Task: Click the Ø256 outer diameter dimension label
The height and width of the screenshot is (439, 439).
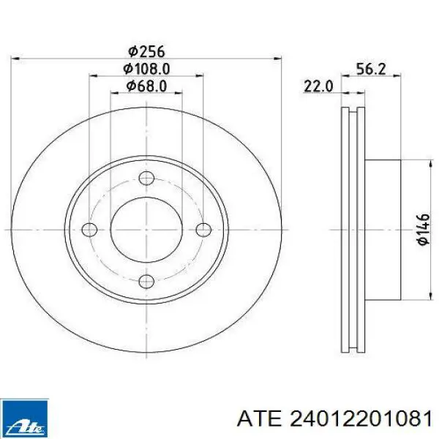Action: click(x=146, y=52)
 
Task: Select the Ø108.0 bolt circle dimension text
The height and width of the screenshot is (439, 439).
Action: click(x=146, y=70)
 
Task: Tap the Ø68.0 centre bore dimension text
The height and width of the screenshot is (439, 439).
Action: click(x=146, y=86)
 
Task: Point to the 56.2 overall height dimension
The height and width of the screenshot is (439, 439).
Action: click(x=371, y=70)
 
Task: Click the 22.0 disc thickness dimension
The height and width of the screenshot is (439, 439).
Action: click(x=318, y=86)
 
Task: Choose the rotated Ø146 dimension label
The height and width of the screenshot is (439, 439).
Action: click(x=423, y=230)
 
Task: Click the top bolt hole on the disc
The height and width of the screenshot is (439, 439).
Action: click(x=146, y=178)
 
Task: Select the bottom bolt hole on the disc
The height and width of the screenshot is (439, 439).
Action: click(x=146, y=281)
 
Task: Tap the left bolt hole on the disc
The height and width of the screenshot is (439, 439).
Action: click(x=89, y=230)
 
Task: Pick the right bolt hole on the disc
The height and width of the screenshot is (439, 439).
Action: click(x=203, y=230)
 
